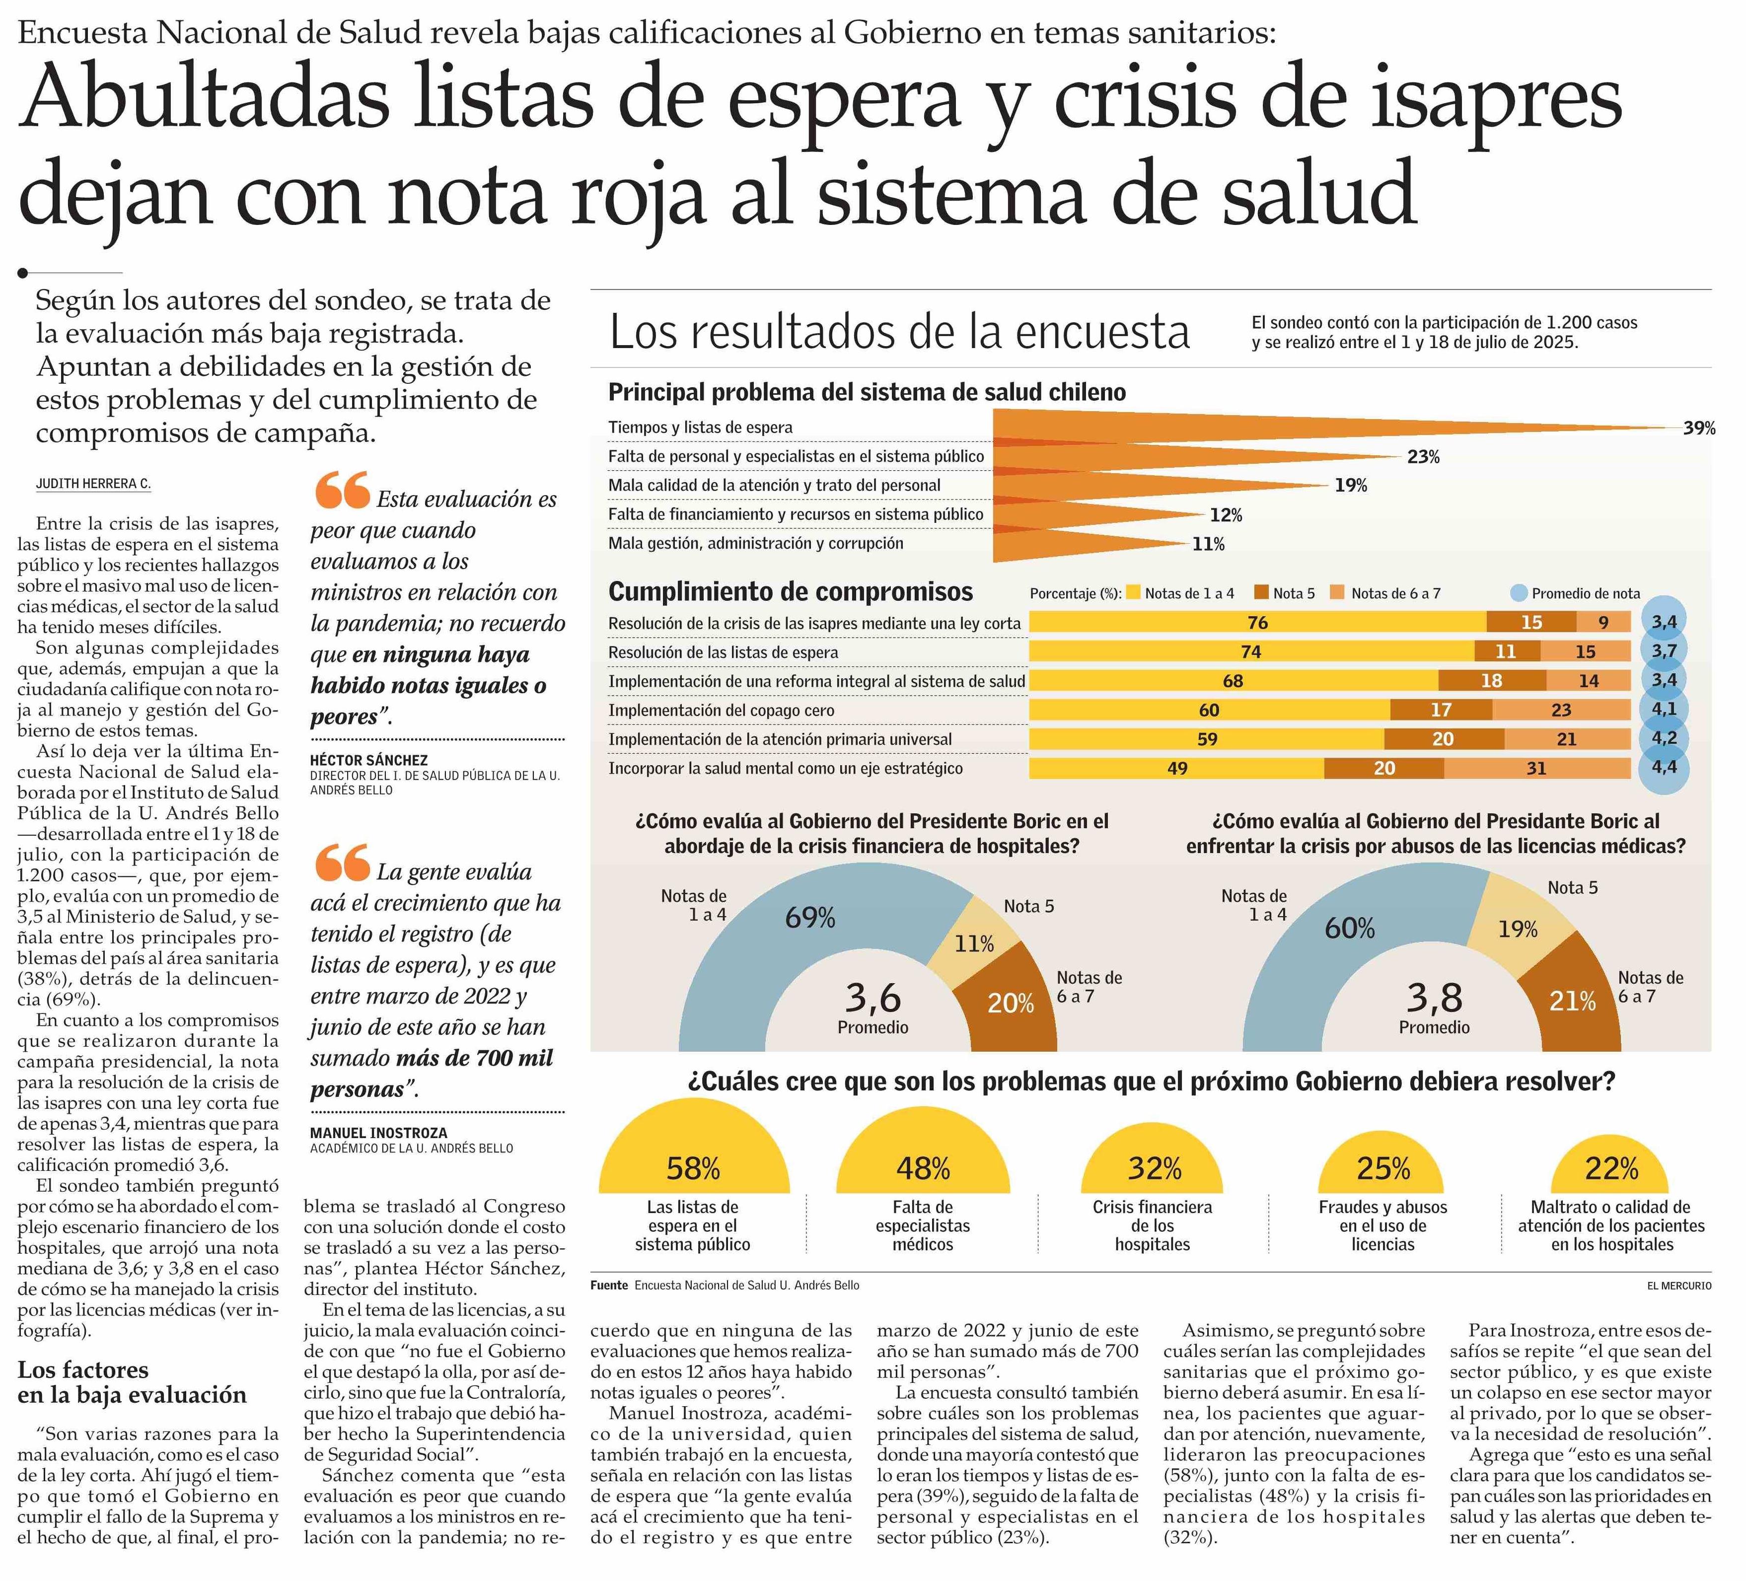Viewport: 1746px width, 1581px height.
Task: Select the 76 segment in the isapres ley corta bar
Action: tap(1257, 623)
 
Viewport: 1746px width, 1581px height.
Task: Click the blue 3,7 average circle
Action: tap(1664, 650)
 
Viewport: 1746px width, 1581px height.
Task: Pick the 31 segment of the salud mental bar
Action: tap(1536, 768)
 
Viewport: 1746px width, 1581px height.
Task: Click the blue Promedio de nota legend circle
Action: tap(1518, 593)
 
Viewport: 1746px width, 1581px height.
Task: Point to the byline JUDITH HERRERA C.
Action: tap(93, 484)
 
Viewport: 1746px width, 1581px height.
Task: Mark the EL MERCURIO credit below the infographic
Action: tap(1679, 1286)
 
